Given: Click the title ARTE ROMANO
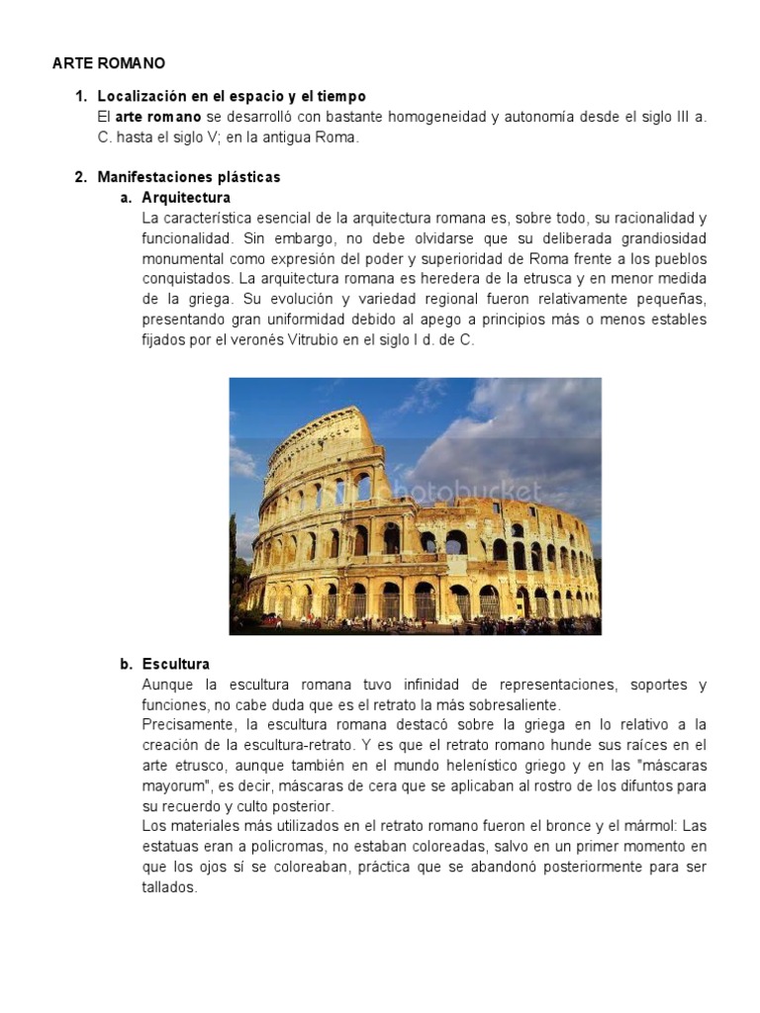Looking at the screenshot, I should [x=108, y=63].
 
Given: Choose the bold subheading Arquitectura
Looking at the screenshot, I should [x=186, y=198].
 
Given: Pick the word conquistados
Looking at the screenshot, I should [x=188, y=279].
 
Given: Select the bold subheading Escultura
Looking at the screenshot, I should [x=175, y=664].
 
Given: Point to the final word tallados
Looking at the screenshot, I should [x=169, y=887].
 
